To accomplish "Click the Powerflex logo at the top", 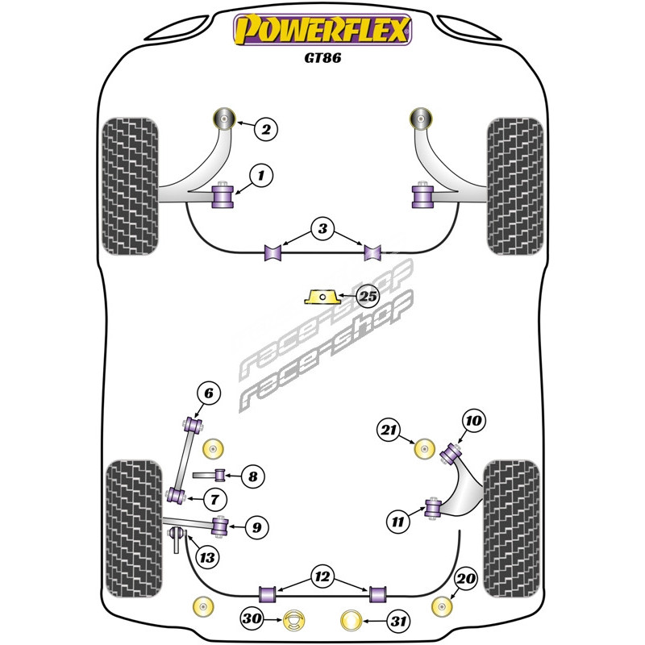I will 322,31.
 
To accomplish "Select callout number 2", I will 268,127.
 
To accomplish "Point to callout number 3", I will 322,230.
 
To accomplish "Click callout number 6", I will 207,394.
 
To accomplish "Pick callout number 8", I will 252,476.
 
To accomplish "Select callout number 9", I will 256,528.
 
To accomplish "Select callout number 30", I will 251,620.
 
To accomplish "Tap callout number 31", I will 397,620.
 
